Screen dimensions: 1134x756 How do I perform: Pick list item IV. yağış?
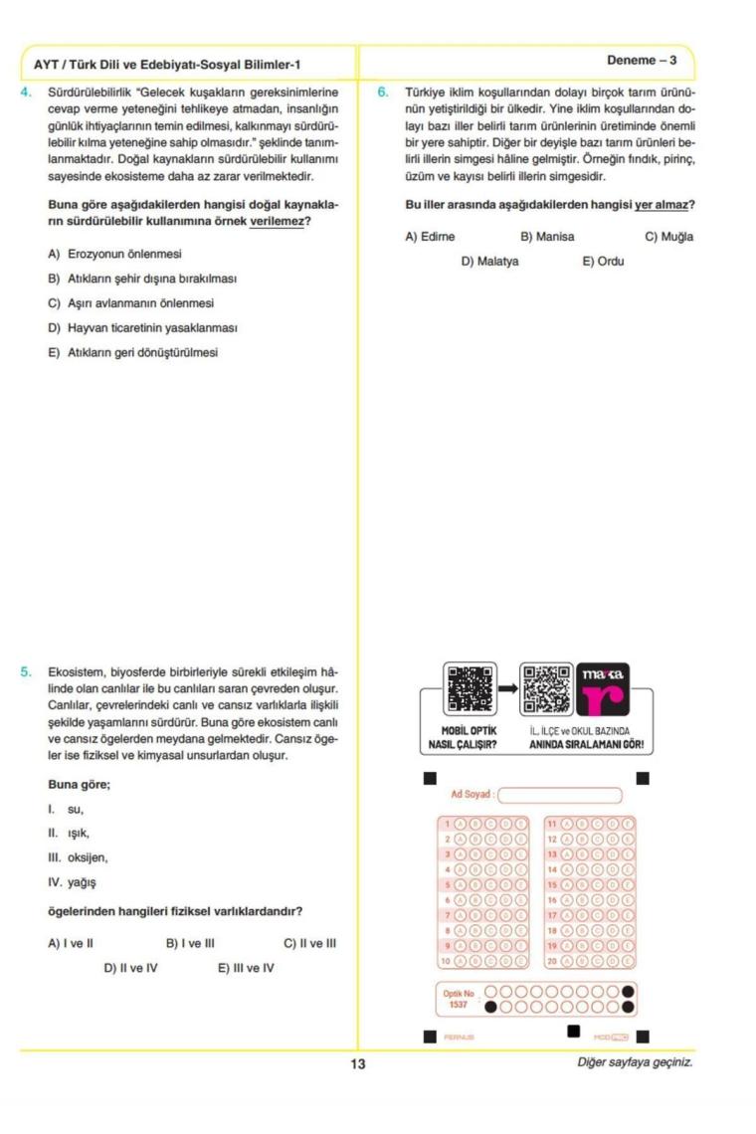[x=73, y=881]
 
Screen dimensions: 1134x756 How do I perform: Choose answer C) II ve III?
[x=310, y=942]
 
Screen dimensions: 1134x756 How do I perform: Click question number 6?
[x=383, y=93]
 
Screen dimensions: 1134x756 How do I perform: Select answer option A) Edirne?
[x=430, y=237]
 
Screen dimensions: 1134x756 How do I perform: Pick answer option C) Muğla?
[x=668, y=237]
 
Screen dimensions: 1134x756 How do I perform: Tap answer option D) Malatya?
[x=489, y=262]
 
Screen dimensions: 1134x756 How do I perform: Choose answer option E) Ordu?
[x=603, y=262]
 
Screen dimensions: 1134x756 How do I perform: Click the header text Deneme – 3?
[x=642, y=61]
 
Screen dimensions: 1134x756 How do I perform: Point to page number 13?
[x=357, y=1063]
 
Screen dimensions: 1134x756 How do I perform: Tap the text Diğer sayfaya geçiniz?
[x=635, y=1062]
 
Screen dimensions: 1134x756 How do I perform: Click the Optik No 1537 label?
[x=459, y=999]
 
